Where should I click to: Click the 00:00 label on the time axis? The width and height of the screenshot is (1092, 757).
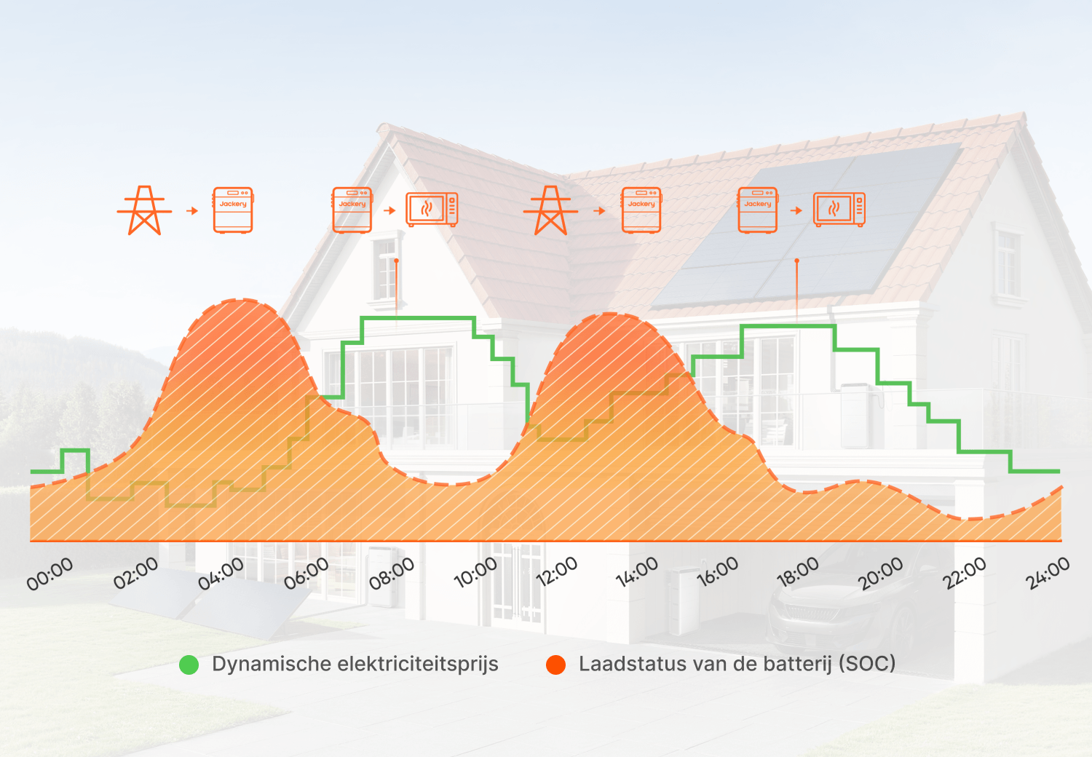50,574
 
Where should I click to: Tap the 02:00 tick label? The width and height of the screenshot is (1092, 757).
135,574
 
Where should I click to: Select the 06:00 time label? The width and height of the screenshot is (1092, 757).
306,574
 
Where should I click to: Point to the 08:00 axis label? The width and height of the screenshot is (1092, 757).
392,574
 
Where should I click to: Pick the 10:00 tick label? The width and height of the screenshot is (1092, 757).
475,573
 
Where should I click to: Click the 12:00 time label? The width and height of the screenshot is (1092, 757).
557,572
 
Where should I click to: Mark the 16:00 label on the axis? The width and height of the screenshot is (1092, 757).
717,572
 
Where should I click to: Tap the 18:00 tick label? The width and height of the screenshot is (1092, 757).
798,572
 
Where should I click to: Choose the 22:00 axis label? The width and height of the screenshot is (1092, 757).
965,574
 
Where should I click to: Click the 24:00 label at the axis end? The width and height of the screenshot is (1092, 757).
1048,574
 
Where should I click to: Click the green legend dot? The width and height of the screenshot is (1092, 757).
189,665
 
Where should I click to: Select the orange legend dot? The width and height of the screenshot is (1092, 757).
555,665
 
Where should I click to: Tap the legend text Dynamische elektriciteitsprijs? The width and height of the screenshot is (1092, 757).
355,665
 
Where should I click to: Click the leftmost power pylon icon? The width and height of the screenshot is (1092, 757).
144,210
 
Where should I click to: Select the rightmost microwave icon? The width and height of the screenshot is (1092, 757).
839,210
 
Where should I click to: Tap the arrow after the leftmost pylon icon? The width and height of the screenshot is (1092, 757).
193,210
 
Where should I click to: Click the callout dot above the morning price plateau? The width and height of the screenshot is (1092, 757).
396,261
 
